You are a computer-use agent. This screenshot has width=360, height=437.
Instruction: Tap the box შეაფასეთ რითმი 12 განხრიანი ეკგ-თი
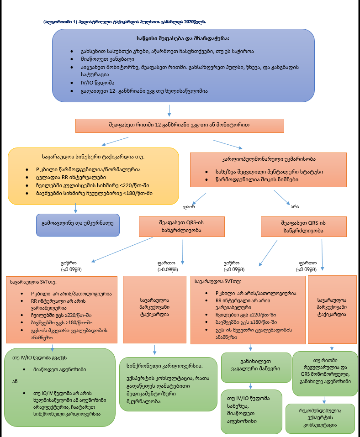[179, 124]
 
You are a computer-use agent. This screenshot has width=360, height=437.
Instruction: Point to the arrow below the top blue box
[169, 111]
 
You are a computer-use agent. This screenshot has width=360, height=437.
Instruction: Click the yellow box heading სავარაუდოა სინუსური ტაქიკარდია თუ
[93, 157]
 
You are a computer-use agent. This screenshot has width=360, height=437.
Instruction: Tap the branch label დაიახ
[189, 205]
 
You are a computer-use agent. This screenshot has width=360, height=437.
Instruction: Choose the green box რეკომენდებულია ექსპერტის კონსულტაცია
[320, 418]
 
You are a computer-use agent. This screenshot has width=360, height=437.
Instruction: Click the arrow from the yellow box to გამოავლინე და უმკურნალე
[75, 208]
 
